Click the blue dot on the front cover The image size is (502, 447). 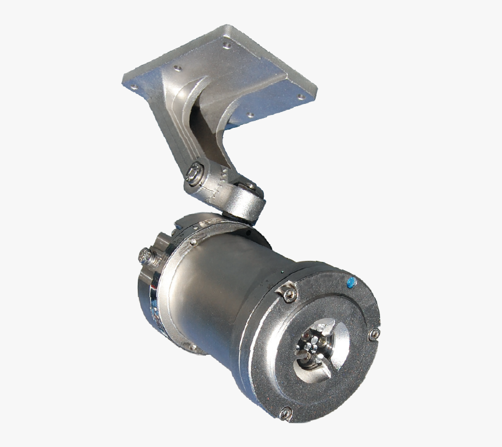[x=350, y=283]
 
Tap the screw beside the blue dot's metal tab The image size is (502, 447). [x=289, y=295]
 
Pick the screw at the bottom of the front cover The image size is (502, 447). [x=285, y=413]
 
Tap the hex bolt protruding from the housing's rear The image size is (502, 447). [x=145, y=255]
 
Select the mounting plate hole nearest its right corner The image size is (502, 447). [x=302, y=97]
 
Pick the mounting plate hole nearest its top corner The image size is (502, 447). [x=226, y=44]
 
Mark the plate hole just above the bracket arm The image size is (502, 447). [x=177, y=68]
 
